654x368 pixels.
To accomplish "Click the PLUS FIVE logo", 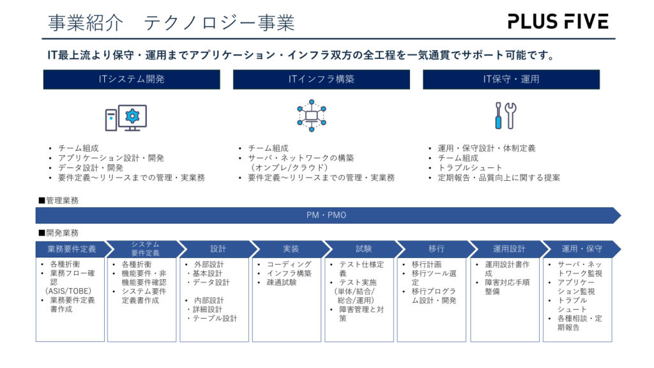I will coord(558,22).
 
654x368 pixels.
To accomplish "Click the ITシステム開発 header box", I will coord(132,79).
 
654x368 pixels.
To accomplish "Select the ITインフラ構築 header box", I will coord(321,79).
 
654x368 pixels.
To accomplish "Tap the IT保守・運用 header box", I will coord(511,79).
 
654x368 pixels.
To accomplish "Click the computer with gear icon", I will coord(126,118).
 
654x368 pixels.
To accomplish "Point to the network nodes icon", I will coord(312,116).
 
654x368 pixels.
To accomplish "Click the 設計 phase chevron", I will coord(217,249).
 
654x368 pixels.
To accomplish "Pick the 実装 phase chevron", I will coord(290,249).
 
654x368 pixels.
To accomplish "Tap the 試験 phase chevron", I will coord(363,249).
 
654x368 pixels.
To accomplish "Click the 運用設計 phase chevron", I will coord(508,249).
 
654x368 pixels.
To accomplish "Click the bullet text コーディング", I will coord(289,264).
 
